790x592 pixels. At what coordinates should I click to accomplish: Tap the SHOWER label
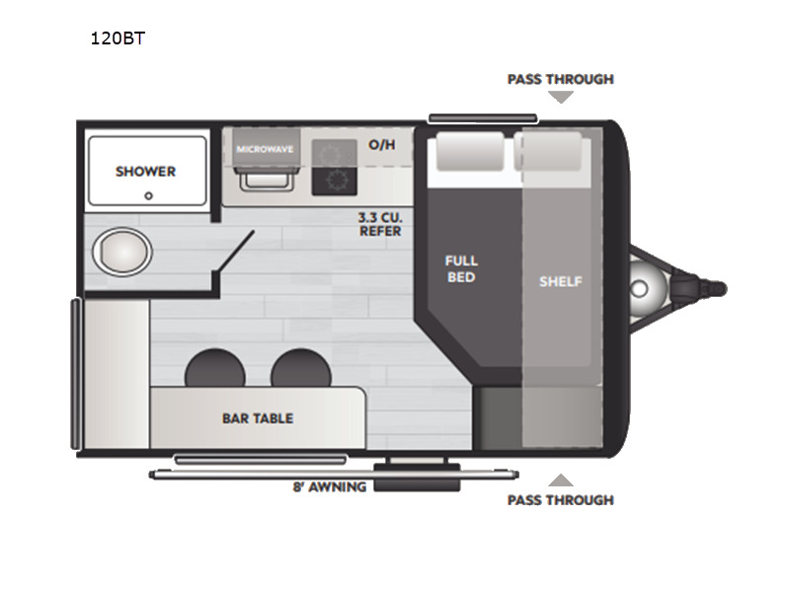[x=145, y=171]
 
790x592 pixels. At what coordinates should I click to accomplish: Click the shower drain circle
[x=148, y=196]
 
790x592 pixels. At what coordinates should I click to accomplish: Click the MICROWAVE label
[x=265, y=149]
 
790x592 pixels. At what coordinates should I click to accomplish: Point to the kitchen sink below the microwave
[x=266, y=179]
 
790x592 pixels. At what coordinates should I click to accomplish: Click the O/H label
[x=382, y=144]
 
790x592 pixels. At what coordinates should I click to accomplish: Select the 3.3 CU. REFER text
[x=380, y=224]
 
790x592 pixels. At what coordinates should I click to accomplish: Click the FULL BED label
[x=461, y=268]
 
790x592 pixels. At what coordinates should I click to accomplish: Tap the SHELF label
[x=560, y=281]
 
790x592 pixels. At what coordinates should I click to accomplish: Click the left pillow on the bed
[x=469, y=150]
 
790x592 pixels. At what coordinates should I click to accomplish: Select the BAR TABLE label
[x=258, y=417]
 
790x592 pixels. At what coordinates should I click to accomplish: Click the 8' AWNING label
[x=330, y=486]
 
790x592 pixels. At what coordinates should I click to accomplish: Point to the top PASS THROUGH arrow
[x=561, y=97]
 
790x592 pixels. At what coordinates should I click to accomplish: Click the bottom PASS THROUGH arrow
[x=561, y=481]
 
